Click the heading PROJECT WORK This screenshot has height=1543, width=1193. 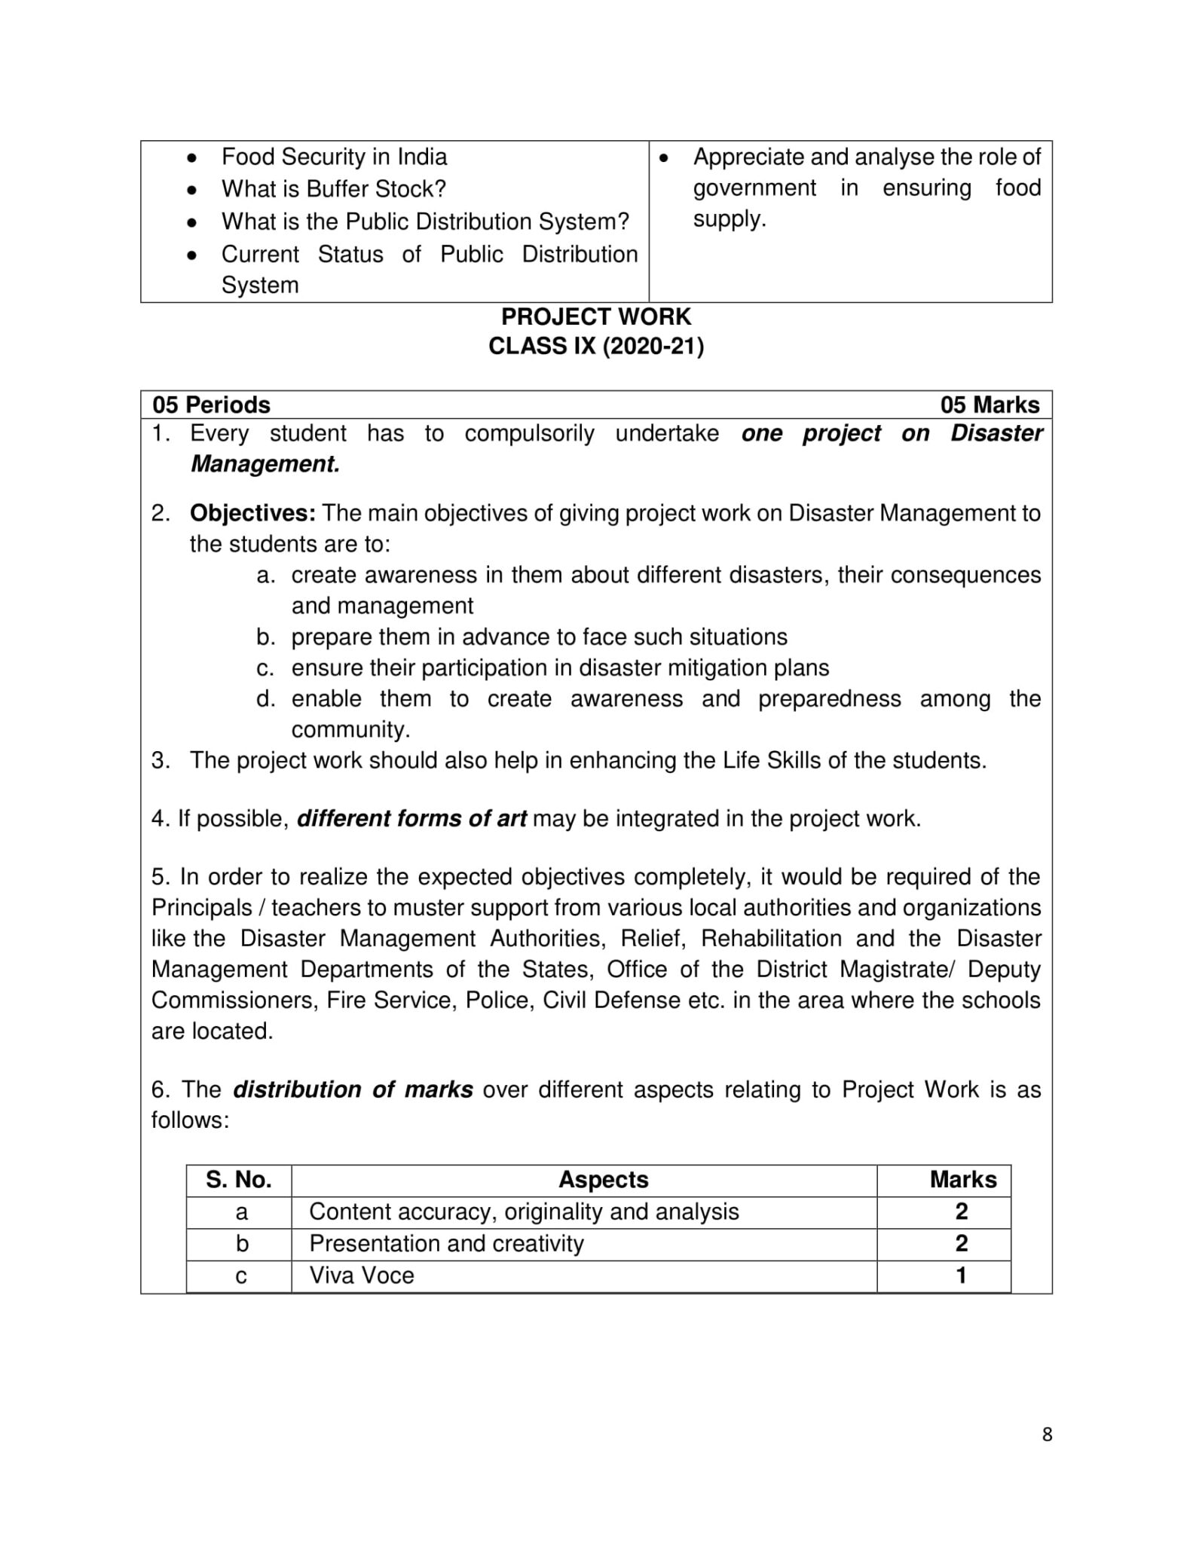(x=596, y=316)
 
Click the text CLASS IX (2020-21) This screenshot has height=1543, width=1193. (x=596, y=347)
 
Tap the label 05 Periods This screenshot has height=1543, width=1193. (x=211, y=405)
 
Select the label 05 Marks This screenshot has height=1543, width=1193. (x=990, y=405)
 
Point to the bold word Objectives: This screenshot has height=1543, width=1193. (x=252, y=513)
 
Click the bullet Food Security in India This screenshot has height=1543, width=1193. (x=334, y=157)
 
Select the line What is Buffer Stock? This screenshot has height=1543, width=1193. (x=334, y=189)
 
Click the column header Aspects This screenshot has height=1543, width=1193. (x=603, y=1180)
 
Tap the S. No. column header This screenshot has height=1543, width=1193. (x=239, y=1180)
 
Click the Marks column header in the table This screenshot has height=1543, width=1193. (x=962, y=1180)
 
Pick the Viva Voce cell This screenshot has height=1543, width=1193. (x=362, y=1276)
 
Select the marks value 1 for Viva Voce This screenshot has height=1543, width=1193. (x=961, y=1276)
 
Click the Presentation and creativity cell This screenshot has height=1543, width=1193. (x=446, y=1244)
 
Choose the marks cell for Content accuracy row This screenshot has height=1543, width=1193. (x=961, y=1211)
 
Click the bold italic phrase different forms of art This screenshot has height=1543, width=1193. (x=411, y=819)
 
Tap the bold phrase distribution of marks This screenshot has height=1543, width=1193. (x=353, y=1090)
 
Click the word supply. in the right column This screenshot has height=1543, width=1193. (x=729, y=219)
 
